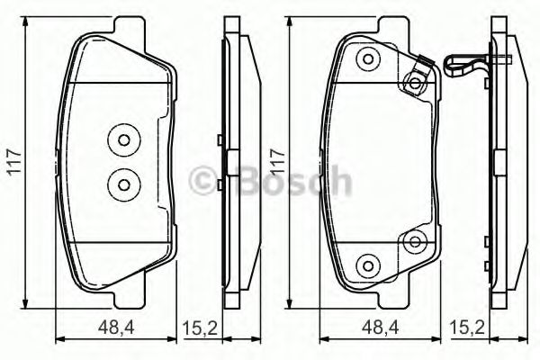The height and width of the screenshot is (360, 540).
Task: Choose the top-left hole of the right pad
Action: [x=367, y=60]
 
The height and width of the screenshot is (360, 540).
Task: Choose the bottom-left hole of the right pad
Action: [x=367, y=264]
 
